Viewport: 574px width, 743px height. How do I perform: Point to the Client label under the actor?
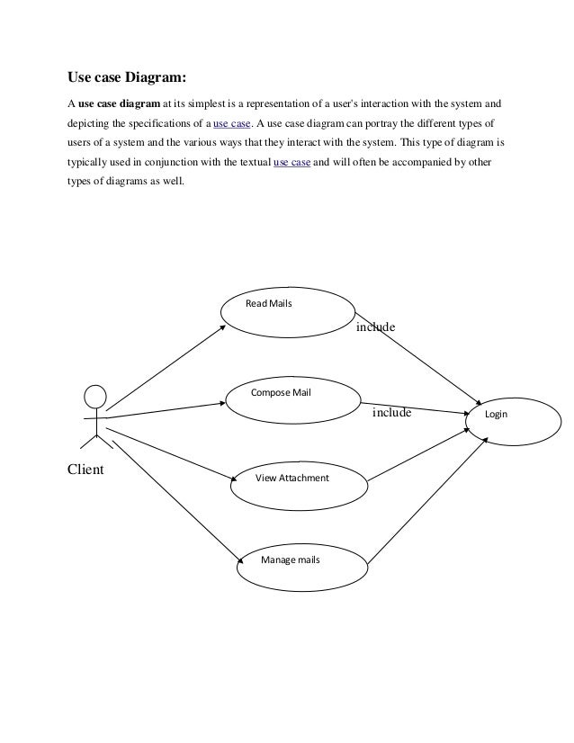pyautogui.click(x=86, y=469)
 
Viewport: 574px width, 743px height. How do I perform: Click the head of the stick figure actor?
pyautogui.click(x=94, y=397)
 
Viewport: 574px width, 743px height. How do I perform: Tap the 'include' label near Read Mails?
pyautogui.click(x=376, y=328)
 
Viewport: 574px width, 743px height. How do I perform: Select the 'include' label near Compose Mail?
pyautogui.click(x=391, y=414)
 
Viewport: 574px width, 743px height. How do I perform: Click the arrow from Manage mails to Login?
pyautogui.click(x=427, y=499)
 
